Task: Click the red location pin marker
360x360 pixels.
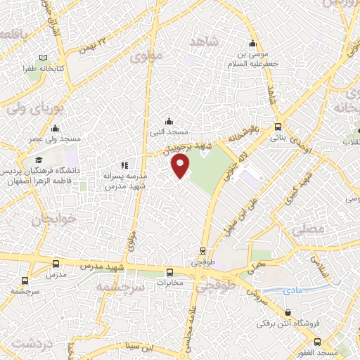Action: pyautogui.click(x=181, y=166)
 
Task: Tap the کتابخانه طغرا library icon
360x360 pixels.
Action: pyautogui.click(x=44, y=58)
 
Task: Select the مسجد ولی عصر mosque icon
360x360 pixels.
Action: pyautogui.click(x=55, y=128)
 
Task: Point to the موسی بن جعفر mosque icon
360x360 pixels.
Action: pyautogui.click(x=253, y=42)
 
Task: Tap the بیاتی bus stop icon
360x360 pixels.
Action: pyautogui.click(x=278, y=127)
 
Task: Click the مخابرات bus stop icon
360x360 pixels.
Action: pyautogui.click(x=169, y=272)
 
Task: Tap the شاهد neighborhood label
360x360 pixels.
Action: pyautogui.click(x=205, y=42)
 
